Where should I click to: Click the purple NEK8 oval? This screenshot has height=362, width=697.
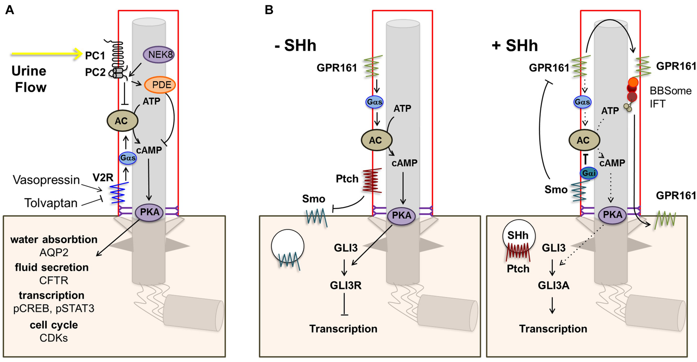(159, 55)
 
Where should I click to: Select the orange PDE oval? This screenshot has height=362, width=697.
(160, 85)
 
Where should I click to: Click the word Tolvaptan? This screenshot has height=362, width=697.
(51, 203)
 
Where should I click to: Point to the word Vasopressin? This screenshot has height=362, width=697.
(46, 180)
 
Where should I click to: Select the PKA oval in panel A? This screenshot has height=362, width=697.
(149, 212)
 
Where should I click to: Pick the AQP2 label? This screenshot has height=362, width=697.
(54, 252)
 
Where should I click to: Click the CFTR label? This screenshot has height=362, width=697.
(54, 280)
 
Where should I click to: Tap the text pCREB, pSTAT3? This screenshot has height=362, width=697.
(54, 308)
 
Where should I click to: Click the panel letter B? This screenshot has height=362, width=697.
(269, 10)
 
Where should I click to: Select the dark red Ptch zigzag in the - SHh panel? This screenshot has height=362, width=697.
(372, 181)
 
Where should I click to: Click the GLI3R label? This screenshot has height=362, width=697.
(346, 285)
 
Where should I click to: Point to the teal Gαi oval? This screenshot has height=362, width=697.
(589, 173)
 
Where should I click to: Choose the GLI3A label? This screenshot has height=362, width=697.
(553, 285)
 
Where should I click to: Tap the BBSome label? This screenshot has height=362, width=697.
(671, 91)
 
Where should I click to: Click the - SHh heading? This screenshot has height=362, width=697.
(296, 45)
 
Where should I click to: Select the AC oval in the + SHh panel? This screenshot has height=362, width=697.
(584, 140)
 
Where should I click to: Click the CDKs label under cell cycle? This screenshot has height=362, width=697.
(54, 338)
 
